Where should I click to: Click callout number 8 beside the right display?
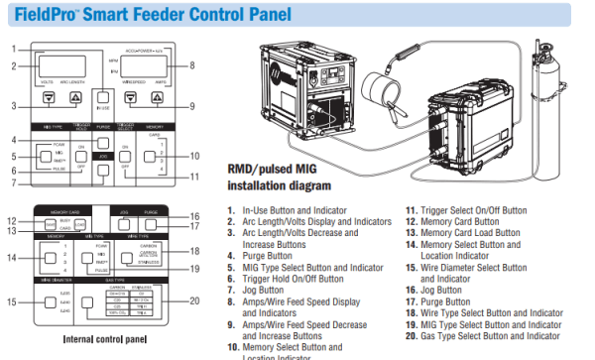point(192,66)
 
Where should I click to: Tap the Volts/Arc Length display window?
point(61,64)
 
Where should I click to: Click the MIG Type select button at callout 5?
point(45,156)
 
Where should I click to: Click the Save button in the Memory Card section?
point(48,226)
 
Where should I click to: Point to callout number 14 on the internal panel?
point(12,258)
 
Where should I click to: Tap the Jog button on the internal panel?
point(127,223)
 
